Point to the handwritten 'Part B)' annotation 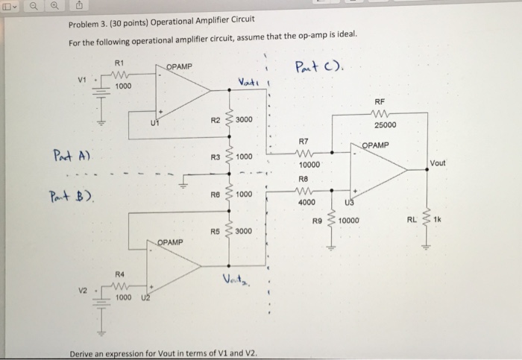tap(72, 198)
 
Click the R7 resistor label tap(304, 139)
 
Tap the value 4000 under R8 tap(307, 203)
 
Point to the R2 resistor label tap(216, 119)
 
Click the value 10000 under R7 tap(309, 163)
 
